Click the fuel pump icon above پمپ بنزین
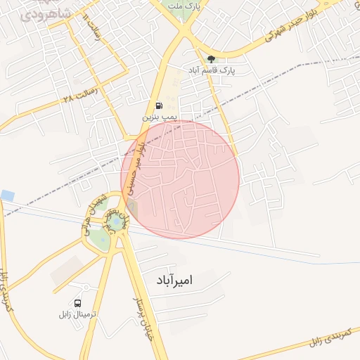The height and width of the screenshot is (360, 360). [157, 105]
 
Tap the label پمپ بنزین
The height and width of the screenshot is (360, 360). [156, 117]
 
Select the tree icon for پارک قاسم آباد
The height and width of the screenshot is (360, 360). [211, 59]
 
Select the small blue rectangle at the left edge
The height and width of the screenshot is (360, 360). [7, 195]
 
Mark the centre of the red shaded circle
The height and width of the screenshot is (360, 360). [180, 179]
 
